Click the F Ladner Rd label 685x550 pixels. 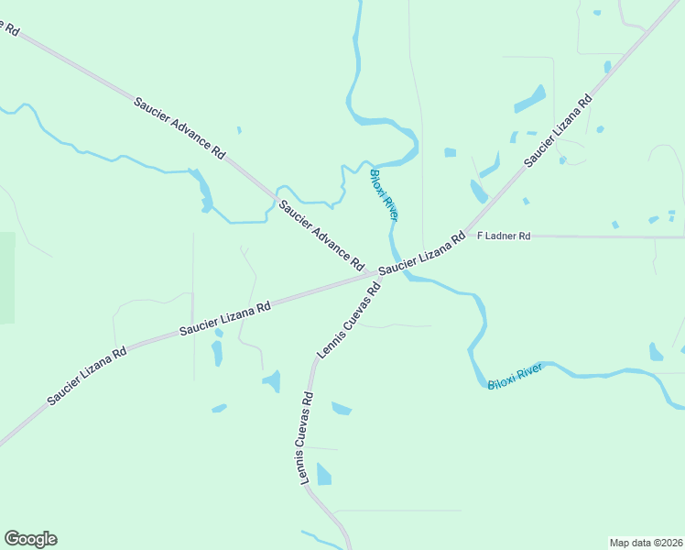(504, 236)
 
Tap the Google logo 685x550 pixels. (30, 539)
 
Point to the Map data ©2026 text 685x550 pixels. (646, 542)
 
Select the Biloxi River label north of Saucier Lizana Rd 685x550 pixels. (383, 194)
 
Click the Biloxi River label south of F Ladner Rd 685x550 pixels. (515, 376)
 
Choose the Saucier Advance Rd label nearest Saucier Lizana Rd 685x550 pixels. (321, 235)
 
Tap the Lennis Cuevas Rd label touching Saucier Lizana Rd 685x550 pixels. (349, 320)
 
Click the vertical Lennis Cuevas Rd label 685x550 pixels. (305, 439)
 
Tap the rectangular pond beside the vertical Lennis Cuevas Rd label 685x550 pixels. (324, 474)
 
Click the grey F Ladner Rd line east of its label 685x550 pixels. (604, 236)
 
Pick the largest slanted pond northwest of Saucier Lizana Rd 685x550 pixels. (529, 99)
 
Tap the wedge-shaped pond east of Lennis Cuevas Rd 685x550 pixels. (341, 408)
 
